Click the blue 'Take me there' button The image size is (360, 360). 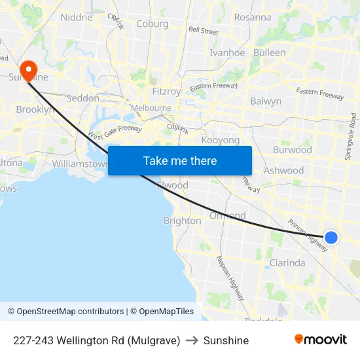(180, 160)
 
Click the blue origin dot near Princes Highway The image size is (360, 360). (331, 238)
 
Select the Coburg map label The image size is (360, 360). (152, 24)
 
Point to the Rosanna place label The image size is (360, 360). (252, 18)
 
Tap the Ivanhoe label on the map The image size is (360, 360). (226, 53)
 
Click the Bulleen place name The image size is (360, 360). (269, 52)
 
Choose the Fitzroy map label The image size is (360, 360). (166, 92)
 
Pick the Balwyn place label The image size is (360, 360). (266, 101)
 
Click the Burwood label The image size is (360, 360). (292, 150)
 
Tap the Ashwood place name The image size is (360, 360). (283, 171)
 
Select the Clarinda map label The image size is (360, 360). (287, 263)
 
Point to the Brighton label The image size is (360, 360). (182, 221)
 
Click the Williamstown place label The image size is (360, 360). (79, 164)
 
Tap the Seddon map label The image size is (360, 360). (83, 98)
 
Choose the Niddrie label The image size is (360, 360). (77, 18)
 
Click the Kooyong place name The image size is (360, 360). (221, 140)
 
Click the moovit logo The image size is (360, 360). (321, 340)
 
